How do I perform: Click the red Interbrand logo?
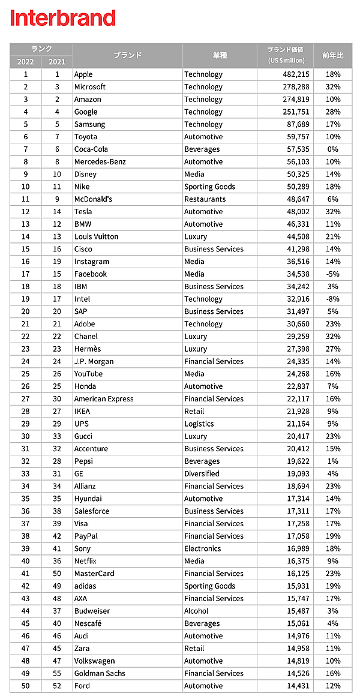pyautogui.click(x=62, y=18)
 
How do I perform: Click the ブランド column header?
pyautogui.click(x=127, y=55)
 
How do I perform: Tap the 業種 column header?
pyautogui.click(x=220, y=55)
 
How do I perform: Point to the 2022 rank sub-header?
pyautogui.click(x=26, y=62)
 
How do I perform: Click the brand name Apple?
pyautogui.click(x=83, y=74)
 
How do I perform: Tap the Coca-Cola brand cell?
pyautogui.click(x=91, y=149)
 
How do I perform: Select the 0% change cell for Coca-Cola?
pyautogui.click(x=334, y=149)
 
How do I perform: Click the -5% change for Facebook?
pyautogui.click(x=333, y=274)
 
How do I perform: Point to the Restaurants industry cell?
pyautogui.click(x=205, y=199)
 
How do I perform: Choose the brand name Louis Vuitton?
pyautogui.click(x=96, y=236)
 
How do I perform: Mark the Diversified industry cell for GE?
pyautogui.click(x=202, y=473)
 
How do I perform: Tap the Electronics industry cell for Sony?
pyautogui.click(x=203, y=548)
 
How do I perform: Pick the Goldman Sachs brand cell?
pyautogui.click(x=100, y=673)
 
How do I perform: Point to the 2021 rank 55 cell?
pyautogui.click(x=57, y=673)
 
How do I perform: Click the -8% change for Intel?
pyautogui.click(x=333, y=299)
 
